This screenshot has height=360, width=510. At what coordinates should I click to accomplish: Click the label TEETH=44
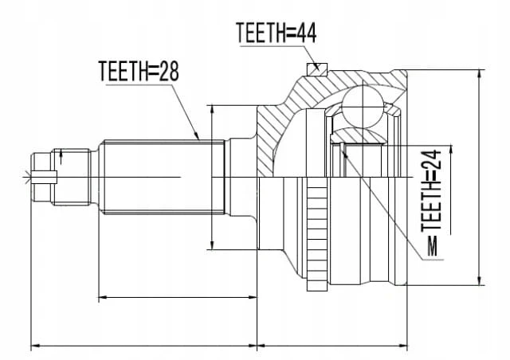pos(277,33)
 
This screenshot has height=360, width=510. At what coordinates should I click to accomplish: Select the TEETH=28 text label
pos(139,71)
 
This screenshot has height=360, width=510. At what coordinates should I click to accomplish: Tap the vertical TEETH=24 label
pos(431,190)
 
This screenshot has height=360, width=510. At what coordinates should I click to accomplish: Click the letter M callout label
pos(433,246)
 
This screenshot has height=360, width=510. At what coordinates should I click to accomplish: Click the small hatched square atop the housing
pos(316,68)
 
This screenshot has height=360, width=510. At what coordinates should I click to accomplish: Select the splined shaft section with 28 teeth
pos(163,178)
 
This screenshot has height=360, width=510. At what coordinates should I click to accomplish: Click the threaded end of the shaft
pos(72,178)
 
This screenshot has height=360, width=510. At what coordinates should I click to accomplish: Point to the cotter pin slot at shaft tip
pos(45,178)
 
